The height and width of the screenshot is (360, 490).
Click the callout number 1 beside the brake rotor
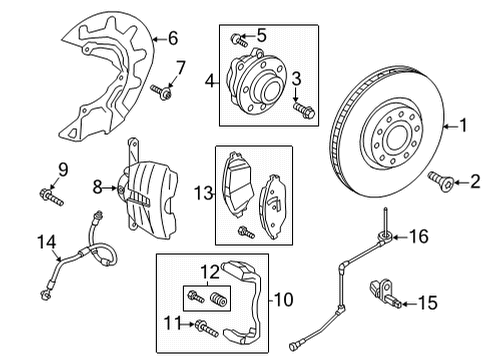(x=463, y=126)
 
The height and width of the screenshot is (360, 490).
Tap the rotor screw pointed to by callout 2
(x=441, y=180)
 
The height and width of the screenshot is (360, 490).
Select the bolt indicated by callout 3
(x=304, y=110)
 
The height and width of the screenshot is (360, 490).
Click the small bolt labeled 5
(x=239, y=40)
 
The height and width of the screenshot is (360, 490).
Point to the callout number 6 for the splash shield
(x=173, y=38)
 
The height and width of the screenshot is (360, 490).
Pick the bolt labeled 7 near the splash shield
(x=162, y=92)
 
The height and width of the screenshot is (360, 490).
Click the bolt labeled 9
(x=51, y=197)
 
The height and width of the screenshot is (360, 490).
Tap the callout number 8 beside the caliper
(x=97, y=187)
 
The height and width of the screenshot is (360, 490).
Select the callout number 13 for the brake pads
(x=203, y=193)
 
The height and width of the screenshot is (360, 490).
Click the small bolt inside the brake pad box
(x=246, y=232)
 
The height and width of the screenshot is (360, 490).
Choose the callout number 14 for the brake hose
(x=46, y=242)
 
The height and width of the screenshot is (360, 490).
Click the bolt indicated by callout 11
(x=207, y=328)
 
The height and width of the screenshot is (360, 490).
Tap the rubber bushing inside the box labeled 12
(x=219, y=298)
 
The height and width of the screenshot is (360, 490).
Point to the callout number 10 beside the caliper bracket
(x=284, y=299)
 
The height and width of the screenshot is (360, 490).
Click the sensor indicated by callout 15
(x=385, y=293)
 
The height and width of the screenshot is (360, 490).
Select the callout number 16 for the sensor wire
(x=419, y=237)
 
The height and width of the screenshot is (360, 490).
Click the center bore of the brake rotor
(x=397, y=139)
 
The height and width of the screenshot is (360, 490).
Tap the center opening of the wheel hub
(x=269, y=89)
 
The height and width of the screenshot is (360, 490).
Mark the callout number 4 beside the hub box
(x=210, y=81)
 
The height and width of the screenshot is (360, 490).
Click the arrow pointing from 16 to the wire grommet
(x=400, y=237)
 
